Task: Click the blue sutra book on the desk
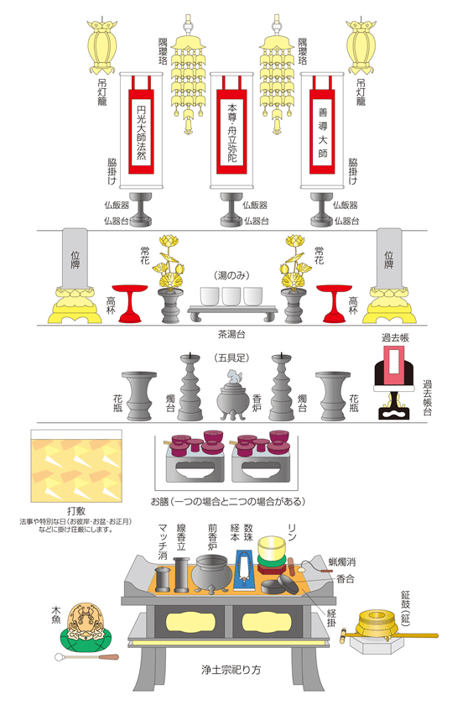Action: pyautogui.click(x=245, y=576)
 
